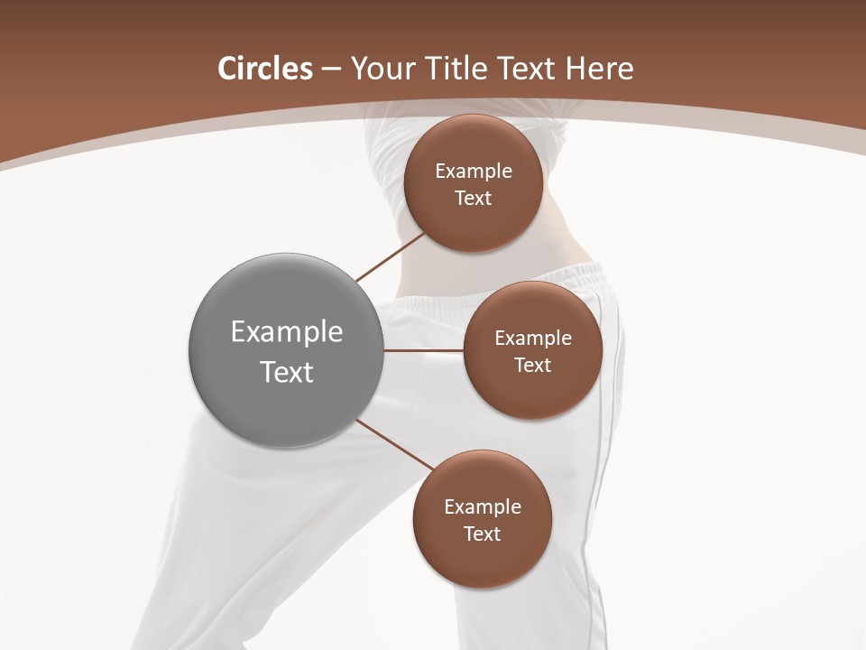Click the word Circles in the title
coord(264,69)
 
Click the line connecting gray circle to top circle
coord(391,256)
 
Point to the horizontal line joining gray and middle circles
coord(424,350)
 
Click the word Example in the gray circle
coord(287,332)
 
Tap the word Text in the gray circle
coord(287,372)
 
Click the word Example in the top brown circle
coord(474,172)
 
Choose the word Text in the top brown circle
coord(474,199)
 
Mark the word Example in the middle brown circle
coord(533,339)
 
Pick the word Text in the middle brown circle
coord(533,366)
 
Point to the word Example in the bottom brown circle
coord(483,507)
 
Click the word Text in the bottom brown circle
coord(483,534)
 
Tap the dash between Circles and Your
coord(331,70)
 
